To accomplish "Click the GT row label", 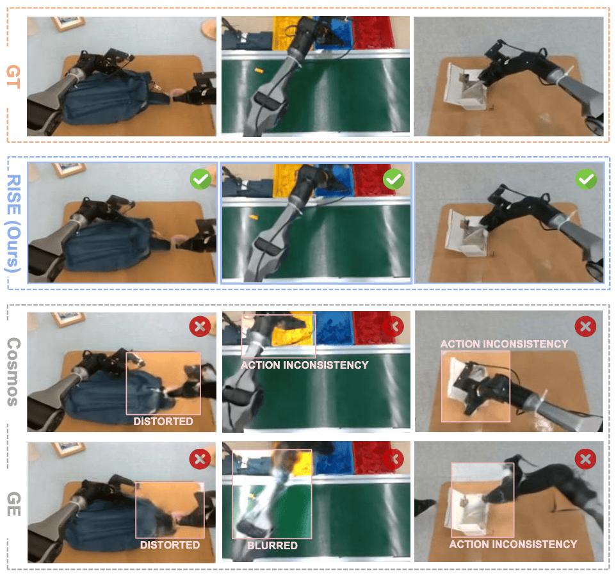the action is coord(13,77).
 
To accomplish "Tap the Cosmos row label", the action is coord(13,371).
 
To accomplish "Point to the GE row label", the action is coord(13,504).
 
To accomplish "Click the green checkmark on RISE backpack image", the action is coord(201,179).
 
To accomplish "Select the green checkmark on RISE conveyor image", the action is coord(394,179).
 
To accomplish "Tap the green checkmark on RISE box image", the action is coord(586,179).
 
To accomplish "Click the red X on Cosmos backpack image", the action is coord(200,326).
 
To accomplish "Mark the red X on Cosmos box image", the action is coord(585,326).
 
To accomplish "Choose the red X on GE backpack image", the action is coord(200,458).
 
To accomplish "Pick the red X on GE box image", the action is coord(585,458).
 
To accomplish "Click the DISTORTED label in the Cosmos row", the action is coord(163,421).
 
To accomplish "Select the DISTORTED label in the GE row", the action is coord(170,545).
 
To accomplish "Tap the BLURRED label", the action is coord(272,545).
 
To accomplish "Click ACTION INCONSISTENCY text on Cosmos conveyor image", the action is coord(304,365).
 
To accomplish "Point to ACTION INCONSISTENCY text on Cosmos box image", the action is coord(504,344).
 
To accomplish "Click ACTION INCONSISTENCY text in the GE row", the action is coord(513,544).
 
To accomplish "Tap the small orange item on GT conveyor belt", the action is coord(259,70).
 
